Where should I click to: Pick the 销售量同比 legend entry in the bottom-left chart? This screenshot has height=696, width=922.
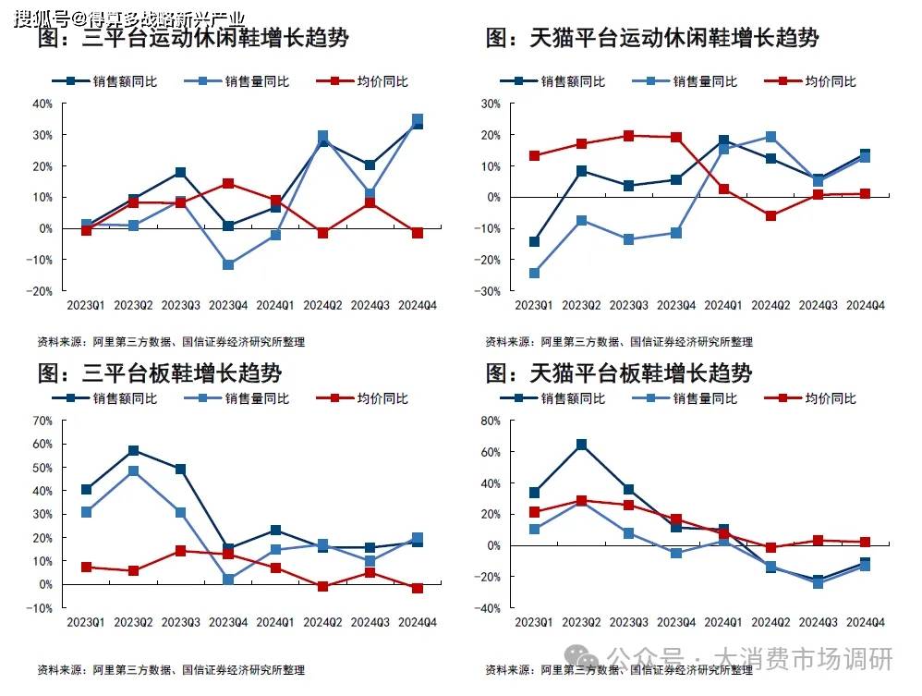243,398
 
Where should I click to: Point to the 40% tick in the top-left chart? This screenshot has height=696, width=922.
42,104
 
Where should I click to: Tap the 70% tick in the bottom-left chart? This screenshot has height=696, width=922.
42,421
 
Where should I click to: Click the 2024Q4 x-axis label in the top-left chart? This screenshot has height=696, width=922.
417,305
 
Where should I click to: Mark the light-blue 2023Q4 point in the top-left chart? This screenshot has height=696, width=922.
228,265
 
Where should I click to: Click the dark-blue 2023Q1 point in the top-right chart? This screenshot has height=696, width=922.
534,242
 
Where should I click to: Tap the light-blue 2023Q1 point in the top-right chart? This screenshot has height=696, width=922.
534,274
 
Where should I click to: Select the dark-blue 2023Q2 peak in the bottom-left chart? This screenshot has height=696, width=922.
134,450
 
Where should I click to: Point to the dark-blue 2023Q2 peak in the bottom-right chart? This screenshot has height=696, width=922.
581,445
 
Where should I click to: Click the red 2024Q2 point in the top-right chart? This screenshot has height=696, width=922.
770,215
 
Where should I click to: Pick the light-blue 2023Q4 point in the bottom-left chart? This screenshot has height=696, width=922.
228,580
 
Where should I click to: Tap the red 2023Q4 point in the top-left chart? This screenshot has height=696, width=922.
228,183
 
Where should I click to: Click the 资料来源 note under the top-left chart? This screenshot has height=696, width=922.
171,342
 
